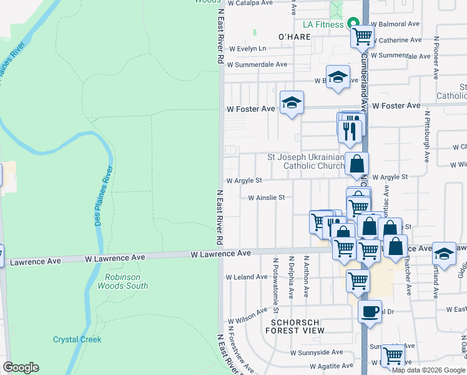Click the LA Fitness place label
[323, 24]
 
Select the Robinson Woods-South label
[127, 281]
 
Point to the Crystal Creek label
[77, 339]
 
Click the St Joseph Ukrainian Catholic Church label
[305, 161]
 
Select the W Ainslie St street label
[266, 197]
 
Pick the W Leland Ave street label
[247, 276]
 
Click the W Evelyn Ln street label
[247, 48]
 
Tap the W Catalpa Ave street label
[250, 3]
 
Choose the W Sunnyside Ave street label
[317, 352]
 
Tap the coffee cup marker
[370, 311]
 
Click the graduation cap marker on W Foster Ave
[292, 103]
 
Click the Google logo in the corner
[21, 367]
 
